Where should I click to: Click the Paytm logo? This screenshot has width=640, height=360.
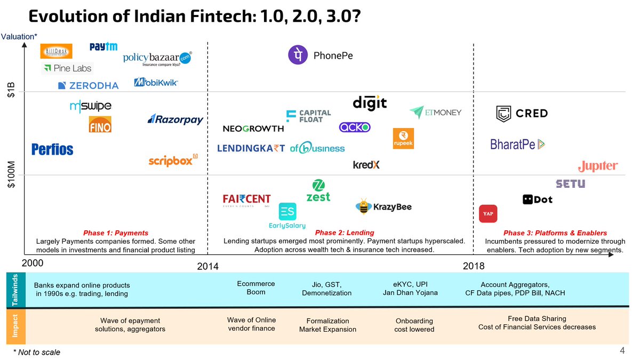click(103, 47)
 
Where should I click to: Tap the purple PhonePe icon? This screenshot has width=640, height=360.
click(298, 55)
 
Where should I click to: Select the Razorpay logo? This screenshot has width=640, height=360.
click(175, 119)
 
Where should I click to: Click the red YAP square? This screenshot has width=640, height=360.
click(488, 213)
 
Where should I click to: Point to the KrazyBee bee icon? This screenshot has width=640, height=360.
click(364, 206)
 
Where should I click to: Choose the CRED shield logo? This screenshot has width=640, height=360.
click(503, 113)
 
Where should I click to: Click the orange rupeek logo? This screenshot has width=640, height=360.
click(403, 138)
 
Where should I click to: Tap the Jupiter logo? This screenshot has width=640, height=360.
click(598, 166)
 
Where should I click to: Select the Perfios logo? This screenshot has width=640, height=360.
click(52, 149)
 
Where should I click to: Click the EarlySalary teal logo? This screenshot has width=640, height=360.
click(287, 212)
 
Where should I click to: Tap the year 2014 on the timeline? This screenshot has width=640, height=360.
click(207, 267)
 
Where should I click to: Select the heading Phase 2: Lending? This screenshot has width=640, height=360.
click(345, 233)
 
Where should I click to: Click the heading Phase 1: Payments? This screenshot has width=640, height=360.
click(116, 233)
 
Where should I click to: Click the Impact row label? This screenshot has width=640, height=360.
click(14, 325)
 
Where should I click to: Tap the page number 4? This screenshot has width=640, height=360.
click(622, 350)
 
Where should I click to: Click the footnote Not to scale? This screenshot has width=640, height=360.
click(38, 353)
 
